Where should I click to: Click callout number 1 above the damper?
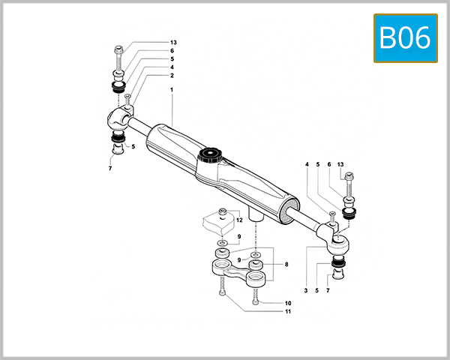171,90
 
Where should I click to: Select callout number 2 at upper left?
172,75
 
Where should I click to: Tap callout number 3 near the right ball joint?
306,289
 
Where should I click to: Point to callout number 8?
286,264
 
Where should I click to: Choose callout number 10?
288,304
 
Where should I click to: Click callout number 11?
288,311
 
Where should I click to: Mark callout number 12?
239,221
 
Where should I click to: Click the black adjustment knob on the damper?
209,157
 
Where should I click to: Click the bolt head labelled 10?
256,301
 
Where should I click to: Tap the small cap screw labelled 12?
221,213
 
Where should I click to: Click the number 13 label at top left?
172,42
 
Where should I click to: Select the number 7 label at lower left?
110,168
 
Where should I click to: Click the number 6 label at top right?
328,163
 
